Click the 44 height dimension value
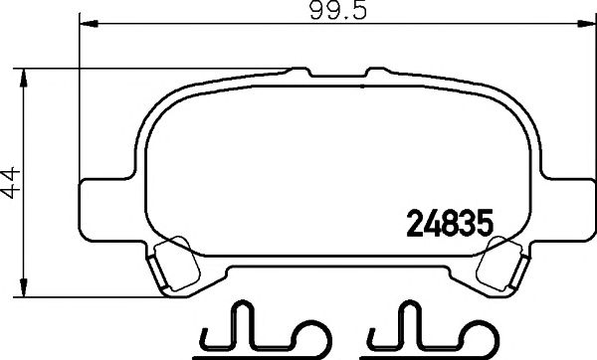[x=11, y=183]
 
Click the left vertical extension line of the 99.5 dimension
[x=80, y=99]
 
